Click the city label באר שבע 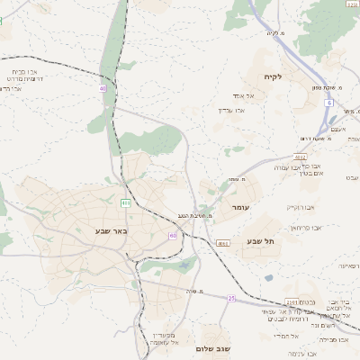click(112, 231)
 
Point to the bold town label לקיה click(272, 76)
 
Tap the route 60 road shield click(173, 236)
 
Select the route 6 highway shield click(329, 103)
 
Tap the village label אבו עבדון click(231, 110)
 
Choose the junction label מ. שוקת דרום click(316, 139)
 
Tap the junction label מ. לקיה click(275, 33)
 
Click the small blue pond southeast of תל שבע click(268, 277)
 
